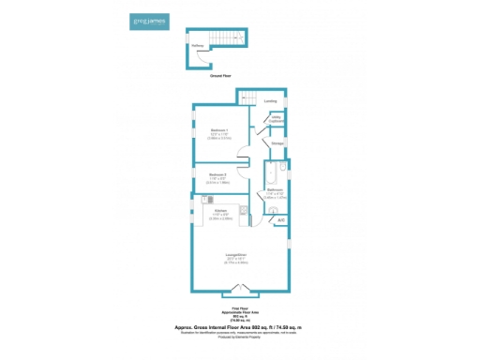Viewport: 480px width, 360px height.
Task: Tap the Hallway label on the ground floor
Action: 198,44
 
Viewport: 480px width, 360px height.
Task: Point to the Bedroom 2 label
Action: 217,176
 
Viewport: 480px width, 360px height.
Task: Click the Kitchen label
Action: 220,212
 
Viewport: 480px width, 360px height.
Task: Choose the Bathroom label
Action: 274,192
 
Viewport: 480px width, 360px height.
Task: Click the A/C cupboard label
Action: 280,219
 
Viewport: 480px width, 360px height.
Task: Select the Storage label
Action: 277,143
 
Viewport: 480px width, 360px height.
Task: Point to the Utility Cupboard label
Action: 277,119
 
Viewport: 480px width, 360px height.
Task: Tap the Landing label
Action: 270,100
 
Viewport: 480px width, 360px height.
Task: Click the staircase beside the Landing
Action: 247,97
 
